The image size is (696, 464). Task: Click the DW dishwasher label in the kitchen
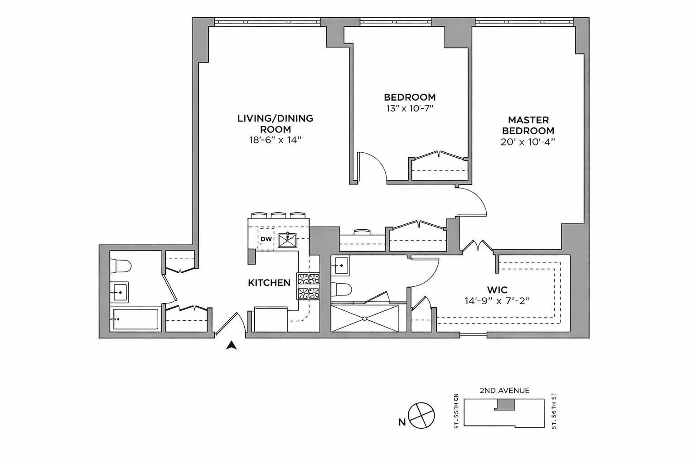point(266,239)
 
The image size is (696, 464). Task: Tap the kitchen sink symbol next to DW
point(287,240)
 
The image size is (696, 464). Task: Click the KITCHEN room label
point(269,283)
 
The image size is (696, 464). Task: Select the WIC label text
point(497,290)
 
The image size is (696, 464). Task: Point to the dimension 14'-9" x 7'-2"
point(497,300)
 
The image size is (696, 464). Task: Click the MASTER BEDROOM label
point(528,126)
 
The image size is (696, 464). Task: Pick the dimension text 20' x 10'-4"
point(528,141)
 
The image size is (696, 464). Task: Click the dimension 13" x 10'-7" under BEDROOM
point(410,108)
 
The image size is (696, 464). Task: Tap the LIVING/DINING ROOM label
point(275,124)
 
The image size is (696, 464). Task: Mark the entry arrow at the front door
point(232,345)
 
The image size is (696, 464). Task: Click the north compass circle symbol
point(421,415)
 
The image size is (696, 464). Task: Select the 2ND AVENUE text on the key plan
point(504,391)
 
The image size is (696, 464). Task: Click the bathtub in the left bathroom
point(135,319)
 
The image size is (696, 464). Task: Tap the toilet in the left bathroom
point(121,266)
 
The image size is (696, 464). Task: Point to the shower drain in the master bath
point(365,319)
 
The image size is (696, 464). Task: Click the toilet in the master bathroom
point(342,289)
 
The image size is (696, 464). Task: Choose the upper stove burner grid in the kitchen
point(309,279)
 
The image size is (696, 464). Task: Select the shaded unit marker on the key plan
point(504,404)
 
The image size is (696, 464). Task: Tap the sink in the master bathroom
point(340,266)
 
